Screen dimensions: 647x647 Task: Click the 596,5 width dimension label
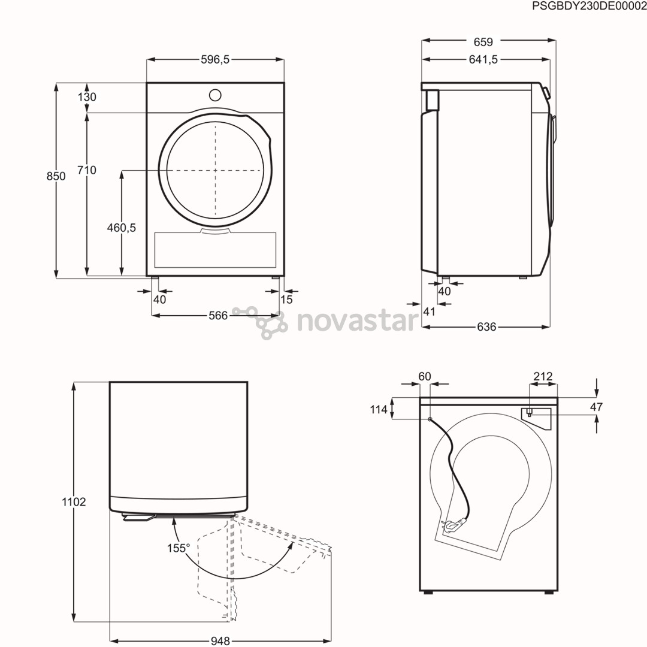point(215,59)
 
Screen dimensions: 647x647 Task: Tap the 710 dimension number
point(87,170)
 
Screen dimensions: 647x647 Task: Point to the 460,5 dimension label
point(122,228)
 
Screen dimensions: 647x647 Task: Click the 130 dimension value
point(87,97)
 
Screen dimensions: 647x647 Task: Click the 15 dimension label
point(287,300)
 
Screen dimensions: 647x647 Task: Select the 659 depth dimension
point(483,42)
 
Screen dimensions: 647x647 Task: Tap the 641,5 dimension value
point(483,59)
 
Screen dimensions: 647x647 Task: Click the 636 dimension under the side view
point(486,327)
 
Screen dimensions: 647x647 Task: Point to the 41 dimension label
point(429,311)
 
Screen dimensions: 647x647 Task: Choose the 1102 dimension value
point(74,502)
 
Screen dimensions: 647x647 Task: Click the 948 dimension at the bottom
point(220,641)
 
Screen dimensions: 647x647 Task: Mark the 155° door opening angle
point(179,548)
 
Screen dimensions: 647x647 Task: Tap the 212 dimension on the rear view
point(543,377)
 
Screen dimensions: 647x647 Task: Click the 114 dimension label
point(379,410)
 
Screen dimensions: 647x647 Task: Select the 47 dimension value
point(596,407)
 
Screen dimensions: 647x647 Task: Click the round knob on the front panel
point(214,95)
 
